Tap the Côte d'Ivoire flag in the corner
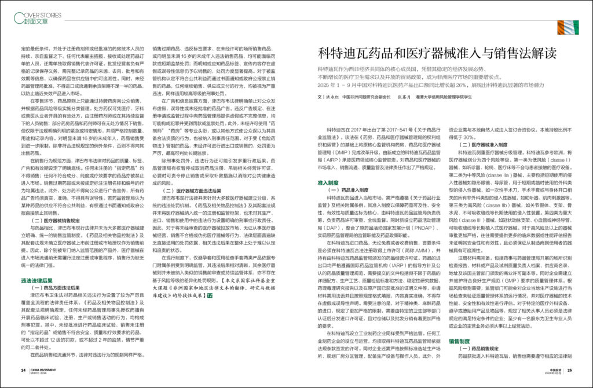[569, 27]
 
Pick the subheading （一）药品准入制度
[349, 190]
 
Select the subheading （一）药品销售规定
[485, 349]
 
